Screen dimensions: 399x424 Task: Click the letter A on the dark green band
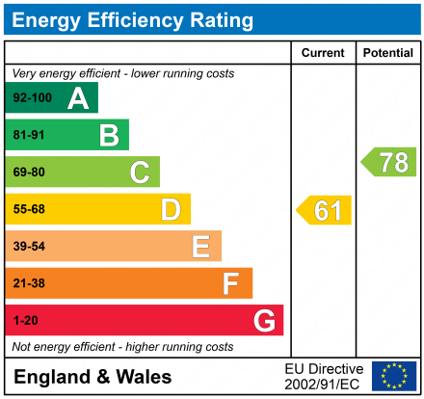click(x=78, y=98)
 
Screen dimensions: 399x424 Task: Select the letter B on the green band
click(x=109, y=135)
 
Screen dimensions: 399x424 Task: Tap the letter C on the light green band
click(x=140, y=173)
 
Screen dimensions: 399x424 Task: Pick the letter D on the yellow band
click(x=171, y=209)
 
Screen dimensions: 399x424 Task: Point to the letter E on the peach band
click(x=200, y=247)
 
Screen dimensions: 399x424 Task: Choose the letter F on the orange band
click(x=231, y=283)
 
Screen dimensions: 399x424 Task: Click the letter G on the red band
click(x=262, y=320)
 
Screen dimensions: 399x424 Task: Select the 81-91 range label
click(x=29, y=135)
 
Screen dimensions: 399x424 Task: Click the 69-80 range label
click(x=29, y=173)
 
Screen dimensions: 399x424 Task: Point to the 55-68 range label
click(x=29, y=209)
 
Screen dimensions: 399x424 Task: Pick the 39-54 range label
click(x=29, y=247)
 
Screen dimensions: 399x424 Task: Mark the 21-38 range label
click(x=29, y=283)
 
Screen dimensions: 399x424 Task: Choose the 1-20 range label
click(x=26, y=320)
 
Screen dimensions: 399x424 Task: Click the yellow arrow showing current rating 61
click(x=325, y=210)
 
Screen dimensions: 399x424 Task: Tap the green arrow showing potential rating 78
click(x=389, y=162)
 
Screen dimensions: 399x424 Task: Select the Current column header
click(x=324, y=53)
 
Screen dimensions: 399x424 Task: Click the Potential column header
click(x=387, y=53)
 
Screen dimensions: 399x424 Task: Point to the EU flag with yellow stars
click(x=394, y=376)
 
